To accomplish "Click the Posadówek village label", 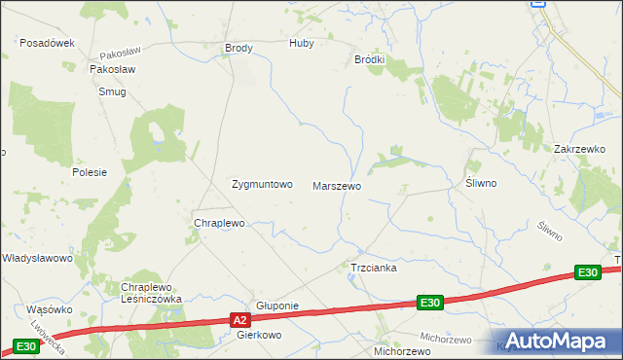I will tap(48, 43).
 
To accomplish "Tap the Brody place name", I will tap(238, 48).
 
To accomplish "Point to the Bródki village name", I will tap(369, 59).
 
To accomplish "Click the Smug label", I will tap(112, 91).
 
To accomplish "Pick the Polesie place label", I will tap(89, 171).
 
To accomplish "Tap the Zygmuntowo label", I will tap(261, 184).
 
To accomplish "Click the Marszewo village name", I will tap(337, 185).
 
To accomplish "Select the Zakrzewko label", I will tap(579, 149).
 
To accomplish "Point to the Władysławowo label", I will tap(37, 258).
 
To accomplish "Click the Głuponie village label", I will tap(276, 306).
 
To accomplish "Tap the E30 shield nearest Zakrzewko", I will tap(586, 273).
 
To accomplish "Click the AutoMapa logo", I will tap(557, 341).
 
